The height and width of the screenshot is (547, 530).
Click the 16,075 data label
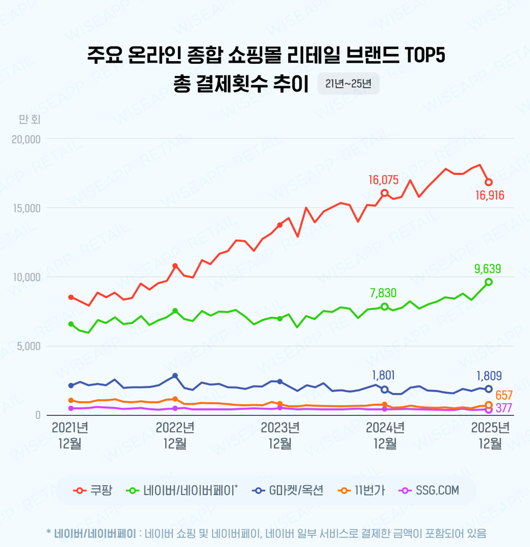pos(384,179)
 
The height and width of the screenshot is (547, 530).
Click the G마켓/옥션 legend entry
pos(288,490)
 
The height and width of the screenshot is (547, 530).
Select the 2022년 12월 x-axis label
pos(175,435)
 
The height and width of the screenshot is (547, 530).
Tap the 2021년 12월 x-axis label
pos(70,435)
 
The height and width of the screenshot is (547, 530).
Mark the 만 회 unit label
pos(30,119)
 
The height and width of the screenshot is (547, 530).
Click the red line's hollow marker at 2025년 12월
pos(489,182)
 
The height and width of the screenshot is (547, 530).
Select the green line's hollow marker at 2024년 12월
pos(385,306)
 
